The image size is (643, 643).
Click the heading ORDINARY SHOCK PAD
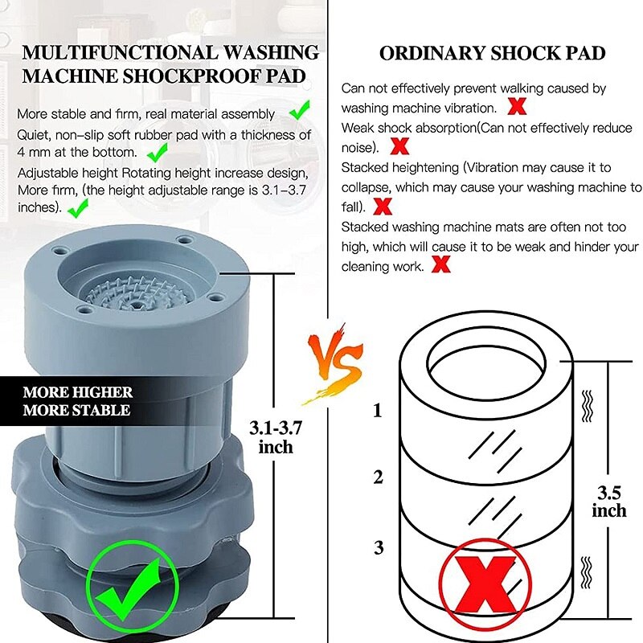coord(492,54)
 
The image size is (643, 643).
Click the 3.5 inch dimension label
coord(608,501)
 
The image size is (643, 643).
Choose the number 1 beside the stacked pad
coord(377,412)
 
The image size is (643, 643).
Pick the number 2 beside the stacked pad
coord(377,477)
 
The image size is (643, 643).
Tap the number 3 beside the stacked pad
coord(377,548)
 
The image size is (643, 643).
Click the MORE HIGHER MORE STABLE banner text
coord(76,401)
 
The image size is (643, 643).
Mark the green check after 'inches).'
coord(78,209)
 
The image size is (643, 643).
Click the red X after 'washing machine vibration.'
coord(518,105)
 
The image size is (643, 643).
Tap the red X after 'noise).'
coord(399,146)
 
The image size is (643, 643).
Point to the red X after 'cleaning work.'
coord(440,264)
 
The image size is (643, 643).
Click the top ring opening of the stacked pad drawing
coord(487,354)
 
